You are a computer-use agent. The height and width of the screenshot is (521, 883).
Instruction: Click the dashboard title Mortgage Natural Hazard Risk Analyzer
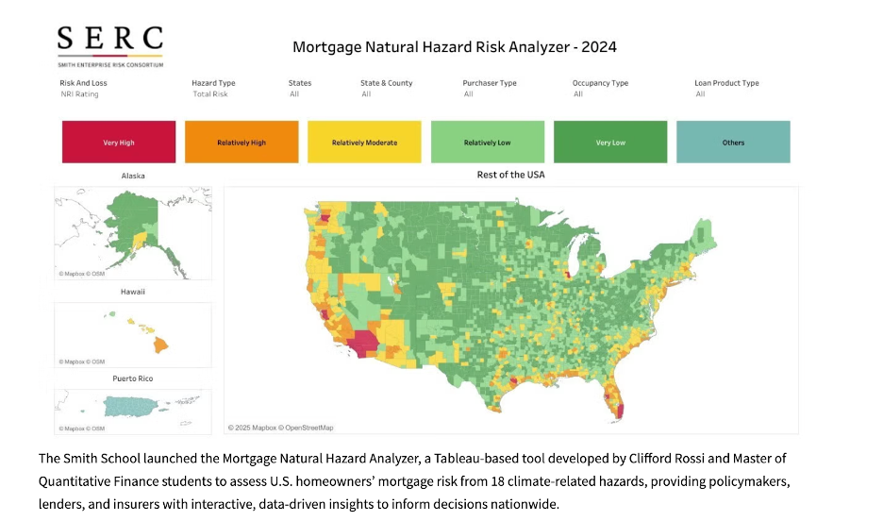454,46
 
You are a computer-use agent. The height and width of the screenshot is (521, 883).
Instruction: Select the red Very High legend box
119,143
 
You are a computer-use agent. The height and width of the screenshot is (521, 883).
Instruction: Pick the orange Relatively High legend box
242,143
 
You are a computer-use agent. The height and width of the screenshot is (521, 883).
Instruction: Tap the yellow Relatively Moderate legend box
364,143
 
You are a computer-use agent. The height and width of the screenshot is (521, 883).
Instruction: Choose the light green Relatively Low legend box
487,143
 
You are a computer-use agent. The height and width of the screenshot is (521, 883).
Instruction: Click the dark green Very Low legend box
609,143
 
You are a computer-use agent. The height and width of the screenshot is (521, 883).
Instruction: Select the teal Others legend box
733,143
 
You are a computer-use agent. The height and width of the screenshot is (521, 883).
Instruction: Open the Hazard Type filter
213,88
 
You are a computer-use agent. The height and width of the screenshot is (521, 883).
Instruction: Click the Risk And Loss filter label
84,83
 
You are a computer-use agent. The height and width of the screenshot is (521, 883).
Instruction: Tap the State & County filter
386,88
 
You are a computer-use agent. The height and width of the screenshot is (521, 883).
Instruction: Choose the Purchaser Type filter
490,88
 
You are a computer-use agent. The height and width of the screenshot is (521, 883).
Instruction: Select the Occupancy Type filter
600,88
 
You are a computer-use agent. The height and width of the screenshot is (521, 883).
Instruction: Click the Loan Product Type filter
726,88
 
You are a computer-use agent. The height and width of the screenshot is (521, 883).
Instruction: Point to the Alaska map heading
133,176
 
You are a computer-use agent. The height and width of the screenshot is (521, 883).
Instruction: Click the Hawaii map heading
133,292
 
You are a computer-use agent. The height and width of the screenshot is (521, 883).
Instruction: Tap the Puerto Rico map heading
133,378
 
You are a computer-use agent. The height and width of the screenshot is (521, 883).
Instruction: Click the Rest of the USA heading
510,175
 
